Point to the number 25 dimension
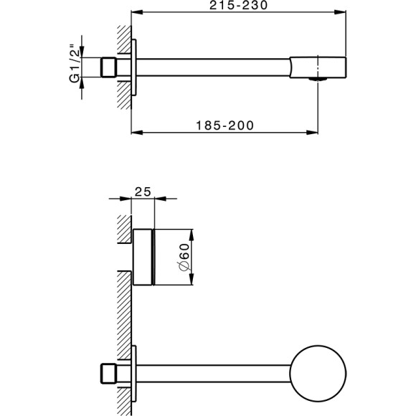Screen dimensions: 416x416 click(143, 191)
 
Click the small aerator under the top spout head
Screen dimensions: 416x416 click(313, 80)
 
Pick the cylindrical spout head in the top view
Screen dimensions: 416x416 click(319, 67)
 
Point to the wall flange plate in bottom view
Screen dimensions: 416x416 click(133, 374)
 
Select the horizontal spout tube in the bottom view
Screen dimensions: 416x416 click(215, 374)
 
